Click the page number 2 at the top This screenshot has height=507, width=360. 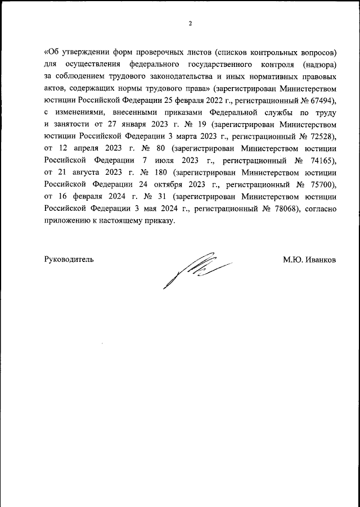[190, 23]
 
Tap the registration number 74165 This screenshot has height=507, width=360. [321, 160]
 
